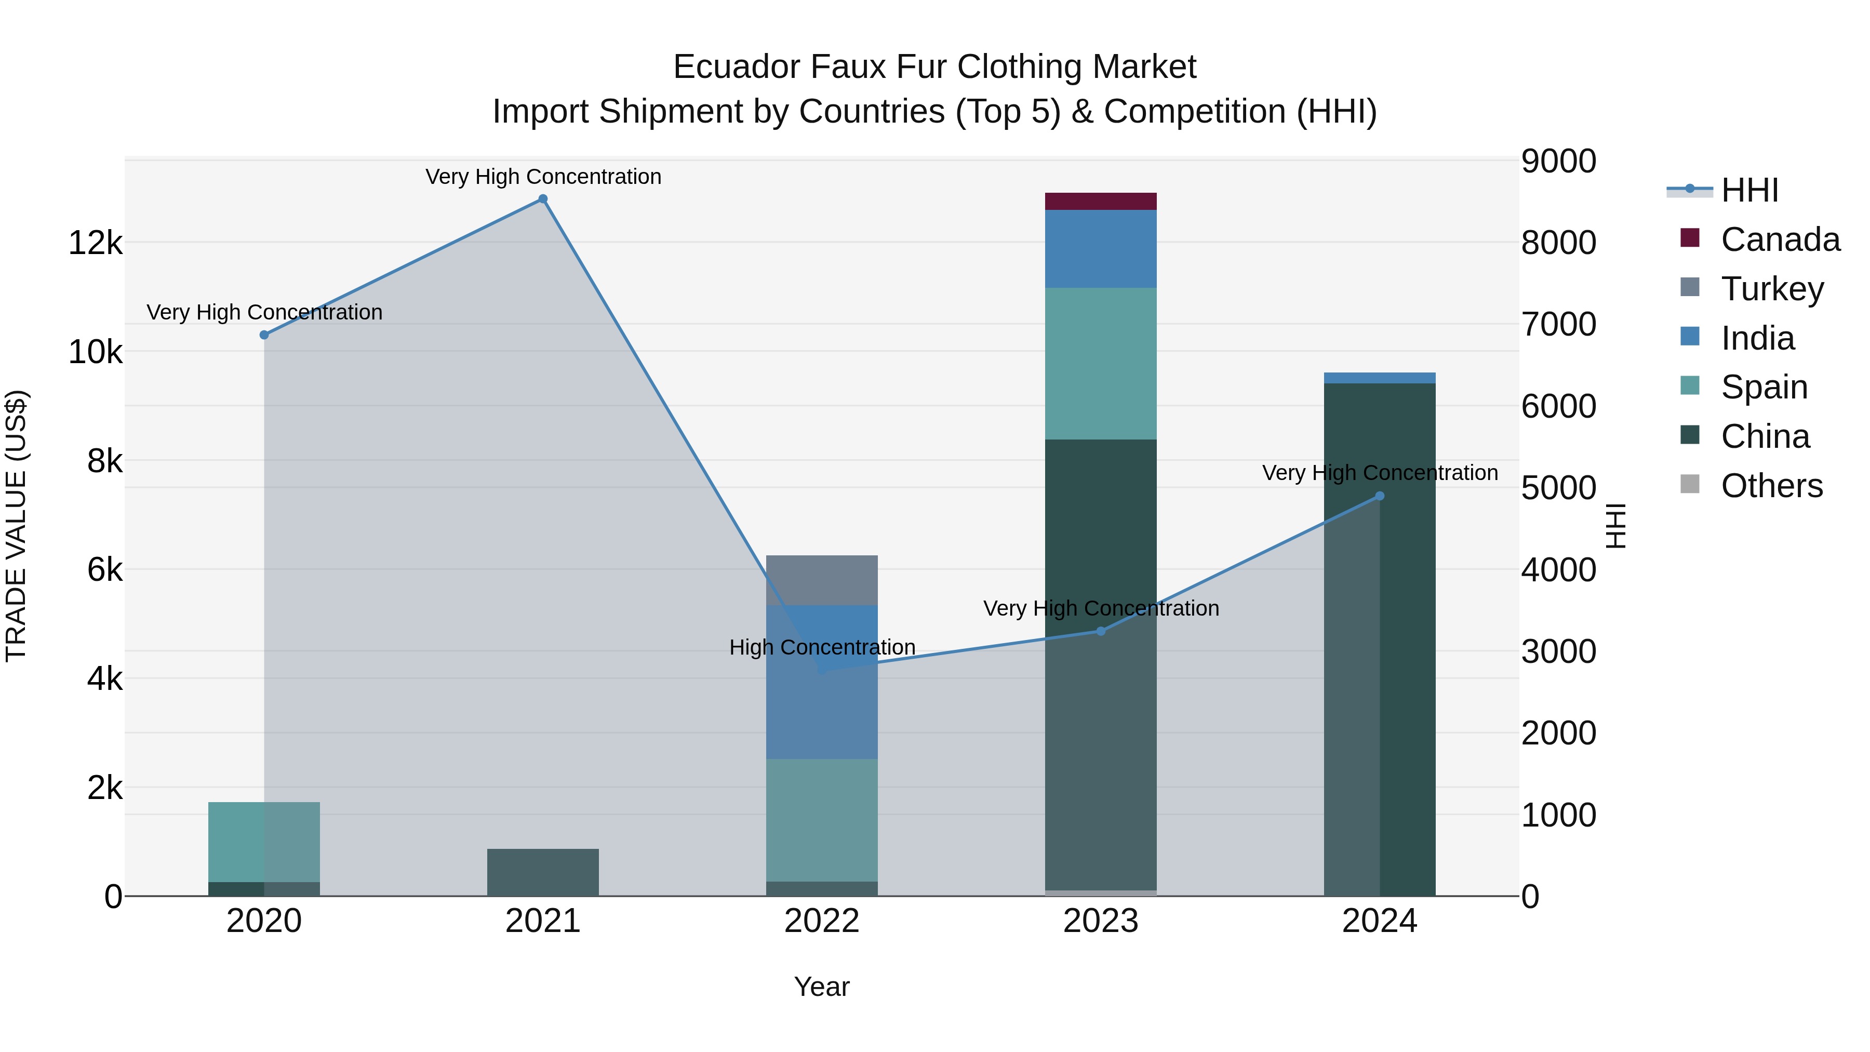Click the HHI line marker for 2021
(542, 199)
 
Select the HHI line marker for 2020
(264, 335)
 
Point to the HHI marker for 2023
(1101, 631)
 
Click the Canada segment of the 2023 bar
(1101, 201)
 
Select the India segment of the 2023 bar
(1101, 248)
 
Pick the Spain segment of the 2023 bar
(1101, 363)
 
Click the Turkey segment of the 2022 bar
(822, 580)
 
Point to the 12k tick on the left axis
(95, 243)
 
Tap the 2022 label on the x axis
(822, 921)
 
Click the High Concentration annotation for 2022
(822, 647)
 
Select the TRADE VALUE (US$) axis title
(16, 526)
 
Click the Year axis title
(822, 987)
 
